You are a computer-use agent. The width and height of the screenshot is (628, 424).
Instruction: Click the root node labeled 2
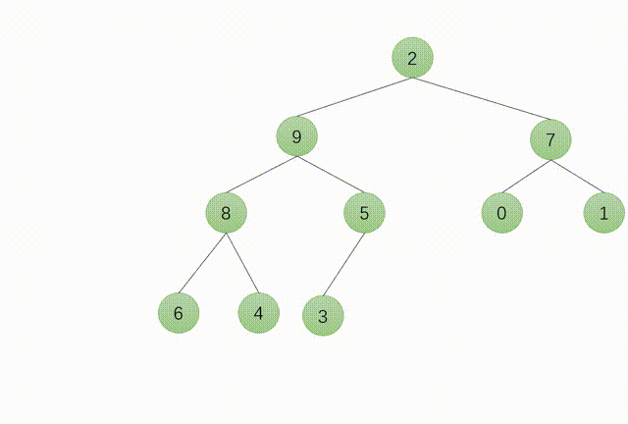point(412,59)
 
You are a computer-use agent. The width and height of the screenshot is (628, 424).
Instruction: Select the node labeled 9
point(296,136)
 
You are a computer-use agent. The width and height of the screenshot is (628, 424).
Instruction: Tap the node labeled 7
point(550,139)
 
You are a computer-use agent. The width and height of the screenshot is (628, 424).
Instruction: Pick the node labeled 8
point(226,212)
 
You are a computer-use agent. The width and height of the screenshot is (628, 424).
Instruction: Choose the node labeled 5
point(364,212)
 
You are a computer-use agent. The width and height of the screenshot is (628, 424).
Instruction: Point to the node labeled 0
point(501,213)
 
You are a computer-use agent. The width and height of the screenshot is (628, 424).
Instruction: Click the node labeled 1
point(603,213)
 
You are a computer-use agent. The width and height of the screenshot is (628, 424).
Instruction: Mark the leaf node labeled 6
point(178,313)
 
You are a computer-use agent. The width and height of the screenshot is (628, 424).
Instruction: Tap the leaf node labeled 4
point(258,313)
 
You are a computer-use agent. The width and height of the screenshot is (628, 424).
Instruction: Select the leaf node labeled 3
point(323,316)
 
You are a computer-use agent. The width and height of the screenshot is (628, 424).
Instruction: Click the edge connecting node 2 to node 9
point(354,97)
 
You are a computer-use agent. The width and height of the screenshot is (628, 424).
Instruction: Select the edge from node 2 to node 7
point(481,99)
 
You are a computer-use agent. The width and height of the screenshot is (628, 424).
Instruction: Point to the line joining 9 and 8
point(261,175)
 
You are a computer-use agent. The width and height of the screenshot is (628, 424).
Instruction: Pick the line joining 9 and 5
point(330,174)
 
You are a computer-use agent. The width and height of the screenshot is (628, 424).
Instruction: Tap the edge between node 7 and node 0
point(526,177)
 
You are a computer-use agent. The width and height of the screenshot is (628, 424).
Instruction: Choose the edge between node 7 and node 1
point(577,177)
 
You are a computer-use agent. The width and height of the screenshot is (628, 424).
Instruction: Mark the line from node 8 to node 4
point(241,262)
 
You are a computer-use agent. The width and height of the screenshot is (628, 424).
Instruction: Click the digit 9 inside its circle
point(296,136)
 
